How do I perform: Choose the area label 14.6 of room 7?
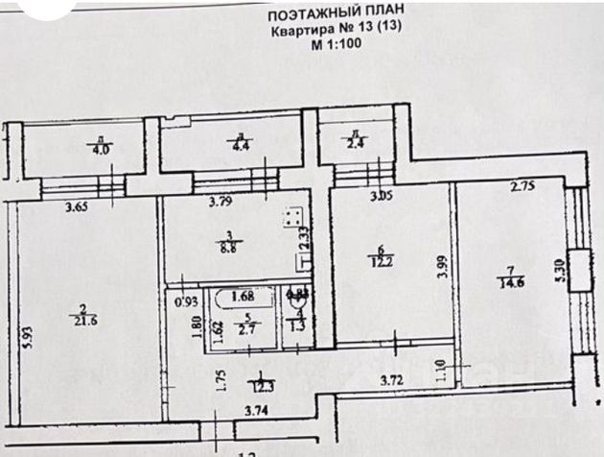coord(517,281)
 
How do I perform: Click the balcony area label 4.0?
coord(101,150)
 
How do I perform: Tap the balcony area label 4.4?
coord(240,147)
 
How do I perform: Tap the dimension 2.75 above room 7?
coord(522,187)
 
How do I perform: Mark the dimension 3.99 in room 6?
coord(440,266)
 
